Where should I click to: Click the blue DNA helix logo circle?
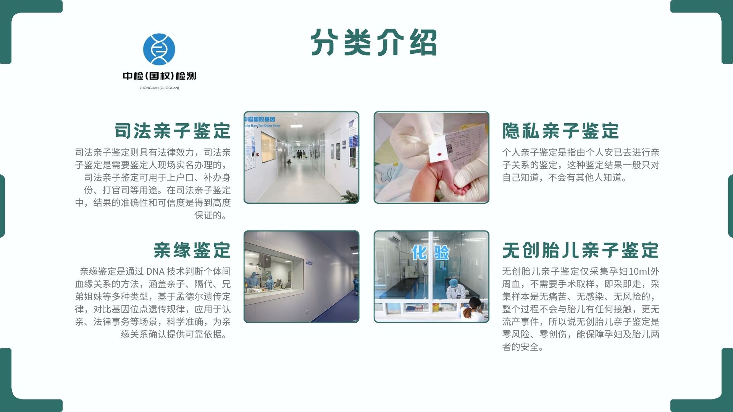pyautogui.click(x=159, y=49)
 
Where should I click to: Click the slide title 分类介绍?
pyautogui.click(x=374, y=42)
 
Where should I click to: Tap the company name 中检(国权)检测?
pyautogui.click(x=160, y=76)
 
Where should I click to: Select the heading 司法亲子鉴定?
pyautogui.click(x=173, y=131)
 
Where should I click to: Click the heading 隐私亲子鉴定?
pyautogui.click(x=560, y=131)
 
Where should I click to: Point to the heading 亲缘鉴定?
pyautogui.click(x=192, y=250)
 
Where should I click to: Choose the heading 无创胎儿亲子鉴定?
pyautogui.click(x=580, y=250)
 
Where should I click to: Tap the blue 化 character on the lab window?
pyautogui.click(x=419, y=252)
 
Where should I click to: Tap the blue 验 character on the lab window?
pyautogui.click(x=441, y=252)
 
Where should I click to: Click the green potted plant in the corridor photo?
pyautogui.click(x=350, y=196)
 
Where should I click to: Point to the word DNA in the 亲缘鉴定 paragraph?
pyautogui.click(x=155, y=271)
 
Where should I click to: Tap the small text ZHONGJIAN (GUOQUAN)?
pyautogui.click(x=159, y=88)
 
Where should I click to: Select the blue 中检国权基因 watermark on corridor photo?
pyautogui.click(x=260, y=119)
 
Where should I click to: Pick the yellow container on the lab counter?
pyautogui.click(x=436, y=307)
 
